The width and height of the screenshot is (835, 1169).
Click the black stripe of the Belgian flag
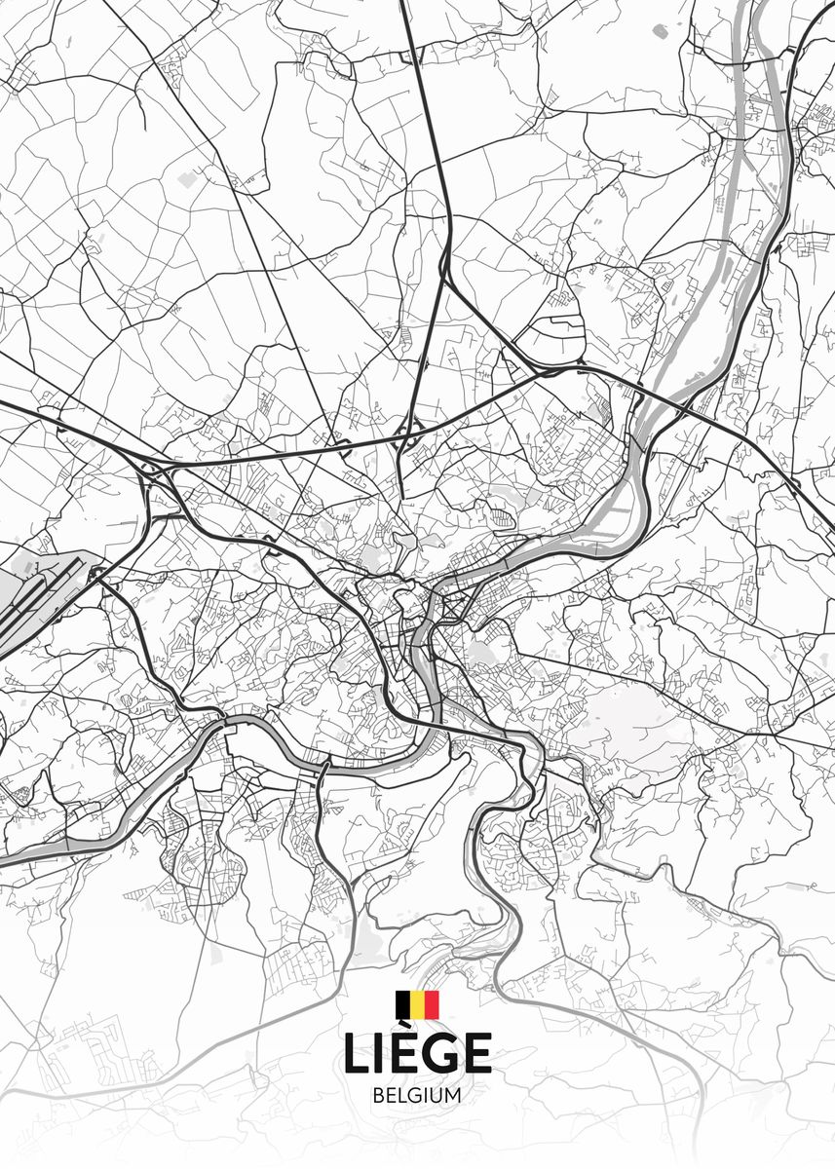[402, 1004]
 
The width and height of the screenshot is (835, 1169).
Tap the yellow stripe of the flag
[417, 1004]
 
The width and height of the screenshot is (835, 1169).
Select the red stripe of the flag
[432, 1004]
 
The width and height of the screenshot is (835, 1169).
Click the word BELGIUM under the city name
[417, 1095]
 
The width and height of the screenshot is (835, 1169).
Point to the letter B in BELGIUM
[378, 1095]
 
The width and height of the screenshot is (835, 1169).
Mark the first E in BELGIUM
[391, 1095]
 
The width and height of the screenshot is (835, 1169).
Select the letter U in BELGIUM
[436, 1095]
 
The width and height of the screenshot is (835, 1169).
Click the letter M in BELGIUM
[453, 1095]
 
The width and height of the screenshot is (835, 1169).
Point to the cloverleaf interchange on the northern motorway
[409, 434]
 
